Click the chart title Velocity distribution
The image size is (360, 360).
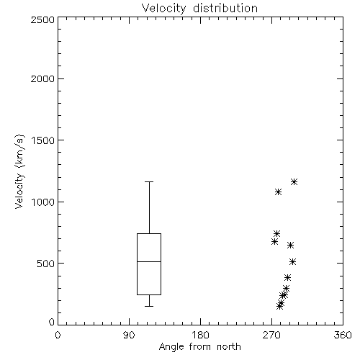point(199,8)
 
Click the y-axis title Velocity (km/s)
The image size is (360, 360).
point(19,171)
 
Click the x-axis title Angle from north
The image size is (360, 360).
point(199,347)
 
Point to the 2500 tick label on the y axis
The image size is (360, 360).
point(42,19)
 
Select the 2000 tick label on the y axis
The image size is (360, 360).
point(42,78)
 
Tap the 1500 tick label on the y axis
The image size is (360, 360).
point(43,140)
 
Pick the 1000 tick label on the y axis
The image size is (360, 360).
point(43,202)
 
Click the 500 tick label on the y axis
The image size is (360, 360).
point(46,264)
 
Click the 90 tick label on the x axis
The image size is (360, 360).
point(129,335)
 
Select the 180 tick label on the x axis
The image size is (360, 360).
point(200,335)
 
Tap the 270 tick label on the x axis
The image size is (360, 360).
point(271,335)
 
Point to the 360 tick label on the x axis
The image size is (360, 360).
point(343,335)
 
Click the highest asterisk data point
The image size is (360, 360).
point(294,182)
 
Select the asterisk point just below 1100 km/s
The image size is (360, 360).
point(278,192)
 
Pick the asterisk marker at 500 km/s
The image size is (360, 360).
point(292,261)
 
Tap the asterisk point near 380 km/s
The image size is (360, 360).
point(287,278)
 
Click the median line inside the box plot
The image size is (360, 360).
point(149,261)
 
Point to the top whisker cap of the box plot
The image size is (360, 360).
point(149,182)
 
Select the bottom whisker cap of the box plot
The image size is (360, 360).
point(149,306)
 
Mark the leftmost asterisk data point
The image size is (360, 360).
point(275,241)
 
